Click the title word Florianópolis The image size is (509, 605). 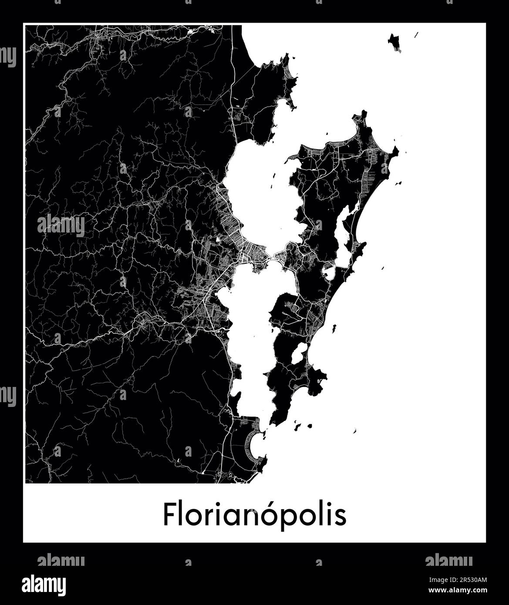coord(255,515)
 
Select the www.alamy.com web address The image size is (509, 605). coord(462,591)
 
